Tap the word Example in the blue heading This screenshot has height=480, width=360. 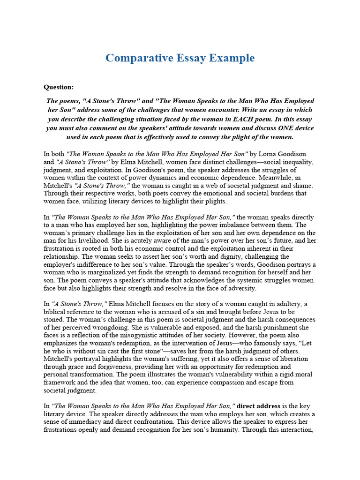coord(232,58)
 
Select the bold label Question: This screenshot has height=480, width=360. coord(59,87)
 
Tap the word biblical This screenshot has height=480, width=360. coord(55,312)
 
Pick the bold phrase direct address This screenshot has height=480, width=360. coord(259,406)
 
